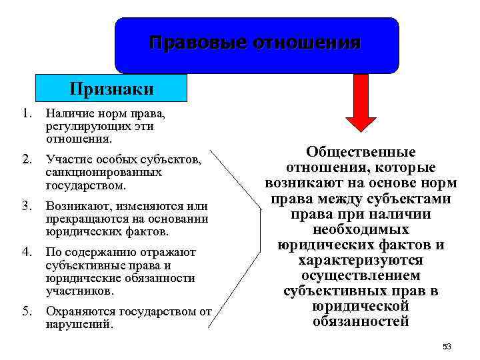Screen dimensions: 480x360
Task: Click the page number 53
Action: click(447, 347)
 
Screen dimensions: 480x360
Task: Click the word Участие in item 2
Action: click(66, 159)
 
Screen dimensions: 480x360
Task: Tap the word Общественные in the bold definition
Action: click(361, 153)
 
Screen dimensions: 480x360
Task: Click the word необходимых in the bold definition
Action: click(361, 230)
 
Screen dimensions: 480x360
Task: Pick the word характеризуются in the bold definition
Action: click(361, 260)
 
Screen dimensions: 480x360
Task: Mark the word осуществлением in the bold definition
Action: click(361, 275)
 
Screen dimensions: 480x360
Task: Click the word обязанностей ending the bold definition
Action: click(361, 321)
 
